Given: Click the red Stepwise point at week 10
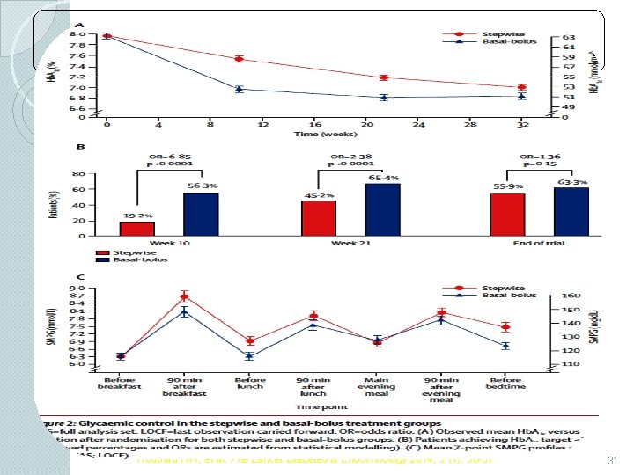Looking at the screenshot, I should click(x=239, y=59).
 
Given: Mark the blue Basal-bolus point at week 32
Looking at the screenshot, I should click(x=521, y=96).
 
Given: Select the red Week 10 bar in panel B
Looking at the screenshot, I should click(x=136, y=228).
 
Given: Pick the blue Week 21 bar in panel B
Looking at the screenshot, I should click(x=382, y=208).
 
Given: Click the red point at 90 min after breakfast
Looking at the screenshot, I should click(x=185, y=296).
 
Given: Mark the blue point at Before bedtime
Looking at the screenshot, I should click(x=505, y=346).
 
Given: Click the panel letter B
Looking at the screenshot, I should click(x=80, y=147).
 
